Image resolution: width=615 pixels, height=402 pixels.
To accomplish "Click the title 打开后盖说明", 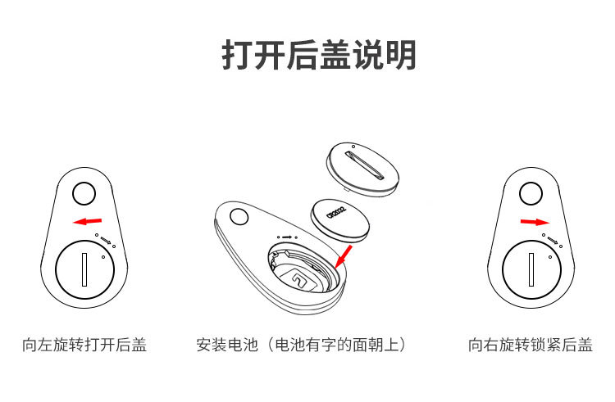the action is tap(319, 55).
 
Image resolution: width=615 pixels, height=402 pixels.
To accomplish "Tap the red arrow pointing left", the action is tap(88, 222).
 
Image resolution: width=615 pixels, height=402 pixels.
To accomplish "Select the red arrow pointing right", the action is tap(535, 222).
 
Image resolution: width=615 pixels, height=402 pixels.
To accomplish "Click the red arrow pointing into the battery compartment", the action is tap(344, 256).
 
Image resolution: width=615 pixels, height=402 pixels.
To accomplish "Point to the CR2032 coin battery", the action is tap(339, 220).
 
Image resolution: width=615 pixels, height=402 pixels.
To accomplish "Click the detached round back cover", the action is tap(362, 169).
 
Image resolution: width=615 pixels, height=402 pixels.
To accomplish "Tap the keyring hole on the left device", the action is tap(84, 193).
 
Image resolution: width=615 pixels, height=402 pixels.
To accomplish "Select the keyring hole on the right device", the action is tap(531, 193).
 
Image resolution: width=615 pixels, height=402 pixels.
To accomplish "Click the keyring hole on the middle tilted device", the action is tap(239, 216).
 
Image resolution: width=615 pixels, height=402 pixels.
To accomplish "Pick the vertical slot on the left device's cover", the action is tap(84, 269).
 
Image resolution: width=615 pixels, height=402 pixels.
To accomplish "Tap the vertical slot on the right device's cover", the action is tap(531, 269).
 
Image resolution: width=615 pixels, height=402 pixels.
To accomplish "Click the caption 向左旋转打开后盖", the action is tap(84, 345).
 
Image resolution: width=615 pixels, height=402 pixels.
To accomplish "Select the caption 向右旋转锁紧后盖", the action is tap(531, 345).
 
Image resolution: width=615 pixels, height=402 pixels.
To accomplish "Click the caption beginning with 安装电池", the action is tap(302, 345).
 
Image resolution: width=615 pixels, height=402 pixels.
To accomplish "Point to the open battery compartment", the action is tap(303, 267).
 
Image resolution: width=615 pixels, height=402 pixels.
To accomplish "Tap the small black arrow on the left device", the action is tap(106, 240).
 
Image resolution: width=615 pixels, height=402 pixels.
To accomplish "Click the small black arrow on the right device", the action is tap(553, 240).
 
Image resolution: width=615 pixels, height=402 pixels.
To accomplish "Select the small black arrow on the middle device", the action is tap(287, 237).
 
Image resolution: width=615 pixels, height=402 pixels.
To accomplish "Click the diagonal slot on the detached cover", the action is tap(364, 165).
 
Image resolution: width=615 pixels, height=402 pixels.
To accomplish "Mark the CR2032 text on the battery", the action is tap(336, 213).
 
